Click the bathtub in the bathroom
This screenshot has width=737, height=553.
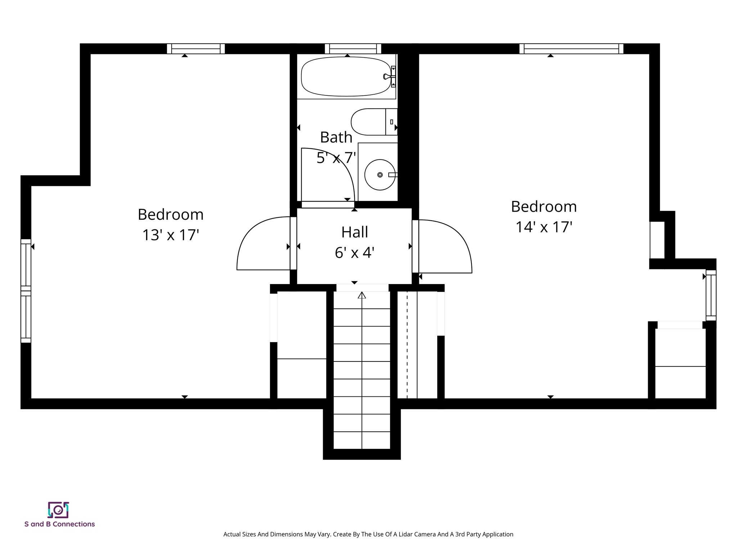(345, 77)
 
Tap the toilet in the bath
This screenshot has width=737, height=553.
(369, 122)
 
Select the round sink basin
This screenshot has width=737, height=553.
(380, 175)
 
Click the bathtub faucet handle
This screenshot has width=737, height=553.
(386, 76)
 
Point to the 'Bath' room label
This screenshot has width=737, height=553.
(336, 137)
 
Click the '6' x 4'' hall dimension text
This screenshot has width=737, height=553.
(354, 253)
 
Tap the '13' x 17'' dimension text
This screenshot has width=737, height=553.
(171, 235)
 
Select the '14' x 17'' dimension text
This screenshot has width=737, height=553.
(544, 227)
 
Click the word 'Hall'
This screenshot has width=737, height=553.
(354, 232)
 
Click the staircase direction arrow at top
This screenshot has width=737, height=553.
(362, 296)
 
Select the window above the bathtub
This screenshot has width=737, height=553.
(353, 49)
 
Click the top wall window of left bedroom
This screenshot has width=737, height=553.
(196, 49)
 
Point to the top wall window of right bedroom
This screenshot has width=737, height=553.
(571, 49)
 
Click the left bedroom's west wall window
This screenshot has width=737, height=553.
(26, 291)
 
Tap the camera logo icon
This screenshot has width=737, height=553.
(58, 510)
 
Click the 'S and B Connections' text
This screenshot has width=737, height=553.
(60, 524)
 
